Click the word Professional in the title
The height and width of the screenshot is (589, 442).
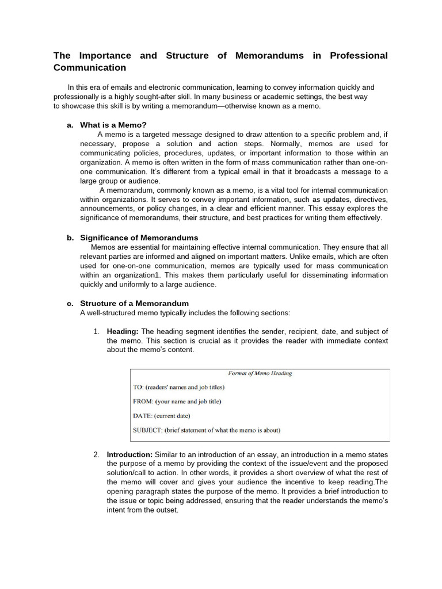tap(359, 56)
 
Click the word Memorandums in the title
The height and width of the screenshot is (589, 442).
tap(270, 56)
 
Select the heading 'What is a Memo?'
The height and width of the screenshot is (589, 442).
tap(113, 125)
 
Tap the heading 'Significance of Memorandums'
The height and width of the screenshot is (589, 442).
tap(139, 238)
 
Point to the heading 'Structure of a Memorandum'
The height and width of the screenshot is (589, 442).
tap(134, 303)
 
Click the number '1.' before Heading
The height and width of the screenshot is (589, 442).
tap(97, 331)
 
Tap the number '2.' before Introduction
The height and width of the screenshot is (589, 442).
tap(97, 454)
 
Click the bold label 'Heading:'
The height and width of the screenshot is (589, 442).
tap(123, 331)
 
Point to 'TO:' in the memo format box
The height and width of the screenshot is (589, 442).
tap(139, 387)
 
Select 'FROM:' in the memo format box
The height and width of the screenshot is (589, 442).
tap(143, 401)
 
